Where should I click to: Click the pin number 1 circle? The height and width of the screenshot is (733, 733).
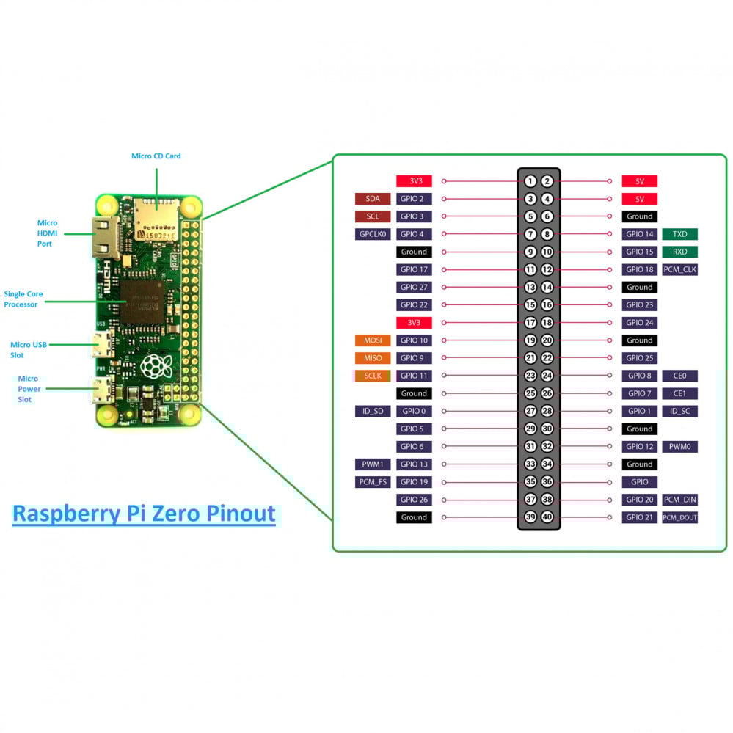click(x=530, y=181)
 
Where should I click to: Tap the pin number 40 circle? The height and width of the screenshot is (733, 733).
click(x=547, y=517)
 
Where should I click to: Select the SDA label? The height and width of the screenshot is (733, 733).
click(x=373, y=199)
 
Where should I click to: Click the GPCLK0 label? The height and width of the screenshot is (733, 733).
click(x=373, y=234)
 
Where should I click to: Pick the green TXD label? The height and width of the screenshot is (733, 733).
click(x=679, y=234)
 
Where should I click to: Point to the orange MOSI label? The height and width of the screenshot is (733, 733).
click(x=373, y=340)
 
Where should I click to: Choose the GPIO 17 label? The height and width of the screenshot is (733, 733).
click(x=414, y=269)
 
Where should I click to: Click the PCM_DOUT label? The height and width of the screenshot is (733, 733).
click(x=679, y=517)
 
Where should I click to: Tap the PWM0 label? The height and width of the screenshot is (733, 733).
click(x=679, y=447)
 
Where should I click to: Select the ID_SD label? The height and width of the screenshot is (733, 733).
click(x=373, y=411)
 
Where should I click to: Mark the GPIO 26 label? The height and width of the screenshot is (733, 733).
click(x=414, y=500)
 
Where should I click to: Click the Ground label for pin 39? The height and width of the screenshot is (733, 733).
click(x=414, y=517)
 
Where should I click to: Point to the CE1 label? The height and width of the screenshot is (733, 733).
click(x=679, y=393)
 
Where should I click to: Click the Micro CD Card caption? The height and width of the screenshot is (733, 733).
click(x=156, y=156)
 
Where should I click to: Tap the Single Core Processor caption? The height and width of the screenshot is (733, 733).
click(x=23, y=299)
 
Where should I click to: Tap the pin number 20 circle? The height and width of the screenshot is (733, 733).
click(x=547, y=340)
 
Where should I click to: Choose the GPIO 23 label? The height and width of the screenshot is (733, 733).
click(x=639, y=305)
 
